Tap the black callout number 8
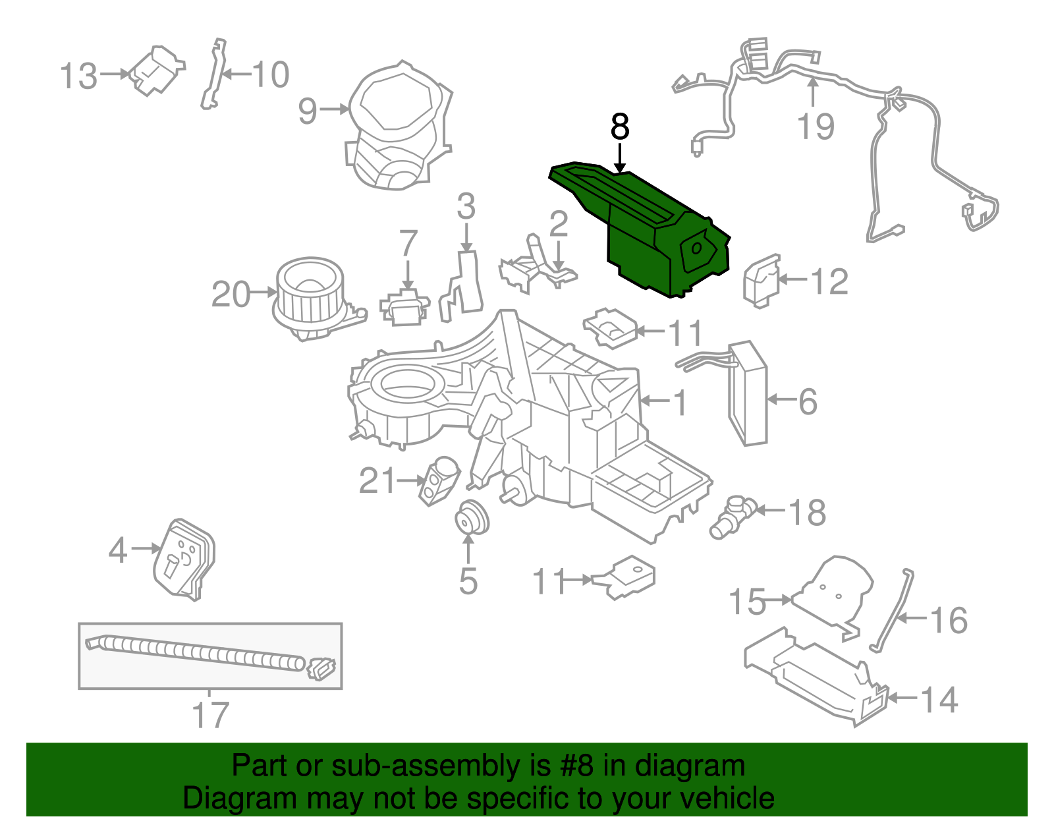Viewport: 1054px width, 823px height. point(620,127)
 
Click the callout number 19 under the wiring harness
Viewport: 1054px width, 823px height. point(816,127)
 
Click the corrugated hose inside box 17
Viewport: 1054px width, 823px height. point(198,653)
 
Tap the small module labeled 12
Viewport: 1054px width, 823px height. point(762,280)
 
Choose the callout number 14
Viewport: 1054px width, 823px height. point(938,700)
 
